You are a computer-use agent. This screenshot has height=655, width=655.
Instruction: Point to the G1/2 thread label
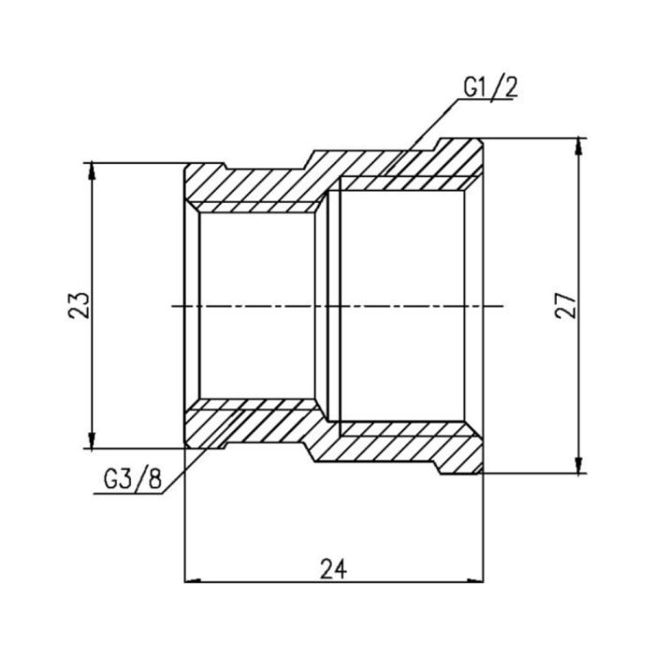(x=488, y=89)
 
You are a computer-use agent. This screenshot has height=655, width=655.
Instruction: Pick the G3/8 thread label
(x=130, y=481)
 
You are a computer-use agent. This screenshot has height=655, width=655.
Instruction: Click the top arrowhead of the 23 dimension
(x=92, y=169)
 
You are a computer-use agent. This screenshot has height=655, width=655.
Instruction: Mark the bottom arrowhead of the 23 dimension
(x=92, y=442)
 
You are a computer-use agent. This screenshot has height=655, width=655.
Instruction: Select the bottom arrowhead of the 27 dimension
(x=581, y=466)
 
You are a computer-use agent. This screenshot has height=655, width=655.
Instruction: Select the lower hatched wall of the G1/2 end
(x=402, y=440)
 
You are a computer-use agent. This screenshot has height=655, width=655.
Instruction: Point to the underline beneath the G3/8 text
(x=130, y=495)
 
